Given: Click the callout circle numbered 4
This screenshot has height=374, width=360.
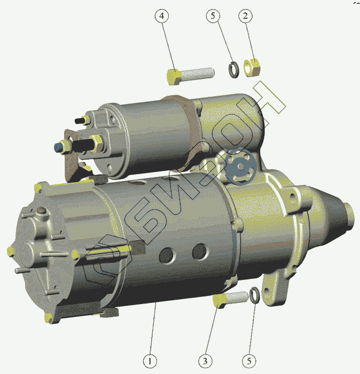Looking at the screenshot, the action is (162, 16).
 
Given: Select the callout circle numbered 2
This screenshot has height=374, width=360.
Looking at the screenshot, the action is (245, 16).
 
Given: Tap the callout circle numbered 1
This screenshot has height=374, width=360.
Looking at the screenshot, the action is (150, 361).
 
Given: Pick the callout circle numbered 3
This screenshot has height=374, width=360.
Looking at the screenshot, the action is (205, 361).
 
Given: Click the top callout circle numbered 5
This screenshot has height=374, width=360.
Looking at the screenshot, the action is (213, 16).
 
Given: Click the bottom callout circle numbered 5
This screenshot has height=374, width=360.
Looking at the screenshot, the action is (249, 361).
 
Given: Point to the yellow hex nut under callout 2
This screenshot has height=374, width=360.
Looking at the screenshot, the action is (252, 68).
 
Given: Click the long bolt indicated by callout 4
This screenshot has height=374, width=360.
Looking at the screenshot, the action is (190, 75).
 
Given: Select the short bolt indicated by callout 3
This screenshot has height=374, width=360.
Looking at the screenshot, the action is (230, 300).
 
